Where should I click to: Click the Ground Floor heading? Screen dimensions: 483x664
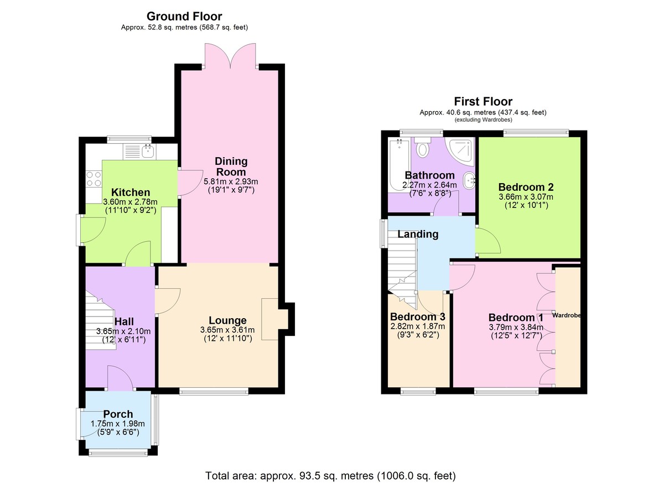[184, 17]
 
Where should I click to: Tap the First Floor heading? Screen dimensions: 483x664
[483, 101]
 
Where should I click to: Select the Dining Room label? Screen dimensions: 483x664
[231, 167]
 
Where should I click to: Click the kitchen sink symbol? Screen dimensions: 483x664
[147, 150]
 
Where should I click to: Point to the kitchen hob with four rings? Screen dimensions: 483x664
[94, 178]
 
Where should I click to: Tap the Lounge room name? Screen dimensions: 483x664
[227, 320]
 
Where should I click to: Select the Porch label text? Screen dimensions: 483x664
[118, 414]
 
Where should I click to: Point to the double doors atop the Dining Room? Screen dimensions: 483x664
[231, 55]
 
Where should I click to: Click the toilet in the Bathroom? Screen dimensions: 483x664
[424, 148]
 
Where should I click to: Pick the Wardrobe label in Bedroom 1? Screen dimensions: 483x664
[566, 315]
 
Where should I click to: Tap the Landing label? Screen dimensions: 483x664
[418, 234]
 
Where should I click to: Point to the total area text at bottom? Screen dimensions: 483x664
[330, 475]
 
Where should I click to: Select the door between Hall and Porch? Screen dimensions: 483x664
[120, 381]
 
